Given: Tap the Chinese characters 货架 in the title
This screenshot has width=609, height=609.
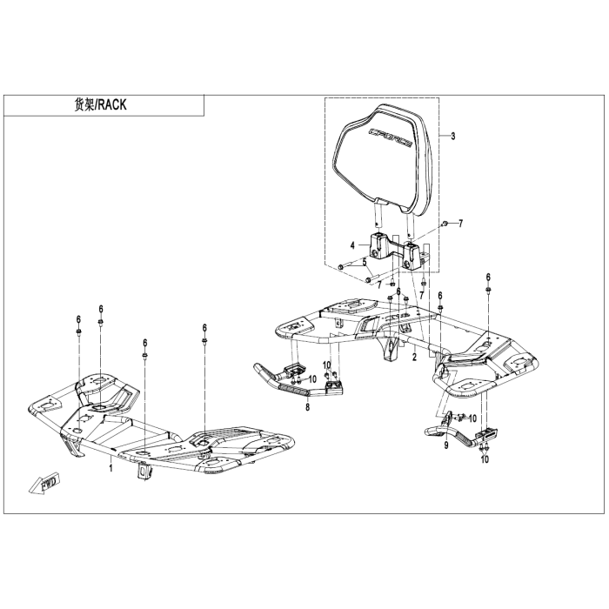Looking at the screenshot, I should point(81,105).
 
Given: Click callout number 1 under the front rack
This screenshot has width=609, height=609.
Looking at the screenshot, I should point(110,468).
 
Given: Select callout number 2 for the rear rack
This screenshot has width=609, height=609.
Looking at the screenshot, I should point(415,358).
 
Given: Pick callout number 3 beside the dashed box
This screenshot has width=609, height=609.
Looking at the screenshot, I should point(452,137).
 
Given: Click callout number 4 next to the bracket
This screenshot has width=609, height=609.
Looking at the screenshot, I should point(352,246).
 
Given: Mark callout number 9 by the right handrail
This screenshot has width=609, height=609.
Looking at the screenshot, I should point(445,445).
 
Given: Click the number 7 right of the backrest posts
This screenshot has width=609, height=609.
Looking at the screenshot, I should point(461,224).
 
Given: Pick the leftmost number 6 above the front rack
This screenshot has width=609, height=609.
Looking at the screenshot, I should point(77,319).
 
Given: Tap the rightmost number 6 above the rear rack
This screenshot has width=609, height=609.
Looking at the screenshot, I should point(488,277).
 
